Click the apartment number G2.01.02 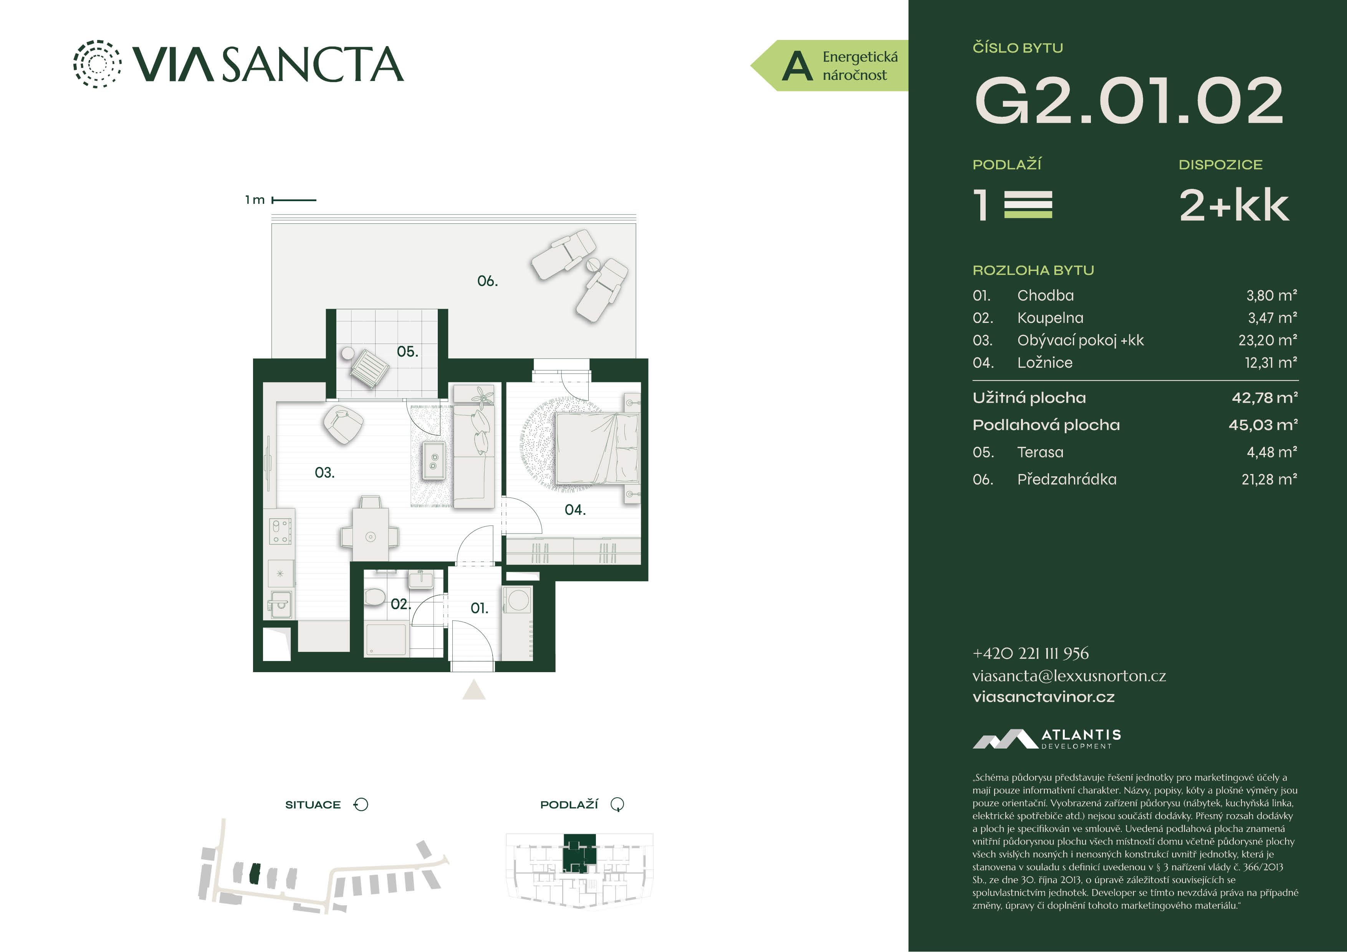pos(1128,101)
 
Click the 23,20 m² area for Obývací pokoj pos(1268,340)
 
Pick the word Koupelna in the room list pos(1050,318)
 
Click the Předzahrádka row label pos(1067,479)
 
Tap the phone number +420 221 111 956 pos(1030,653)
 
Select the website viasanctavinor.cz pos(1043,697)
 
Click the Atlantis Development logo pos(1047,739)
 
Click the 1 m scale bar pos(294,200)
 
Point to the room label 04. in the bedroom pos(575,510)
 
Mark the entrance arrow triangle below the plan pos(474,690)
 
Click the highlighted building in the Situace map pos(254,873)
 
